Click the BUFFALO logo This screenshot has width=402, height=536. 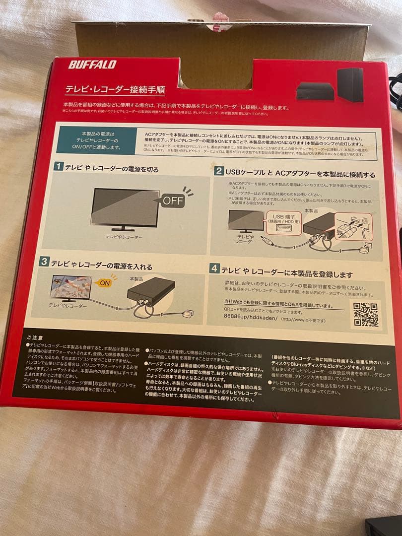click(x=92, y=64)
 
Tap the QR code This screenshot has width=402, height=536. click(x=366, y=315)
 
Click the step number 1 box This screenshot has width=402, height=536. click(x=59, y=167)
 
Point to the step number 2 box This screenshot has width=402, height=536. click(x=218, y=171)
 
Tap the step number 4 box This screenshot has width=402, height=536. click(x=214, y=268)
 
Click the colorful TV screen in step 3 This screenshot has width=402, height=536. click(x=72, y=286)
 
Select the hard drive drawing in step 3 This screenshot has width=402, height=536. click(x=151, y=292)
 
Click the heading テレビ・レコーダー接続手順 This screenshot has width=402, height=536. click(x=115, y=90)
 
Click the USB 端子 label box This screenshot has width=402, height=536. click(x=282, y=218)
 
